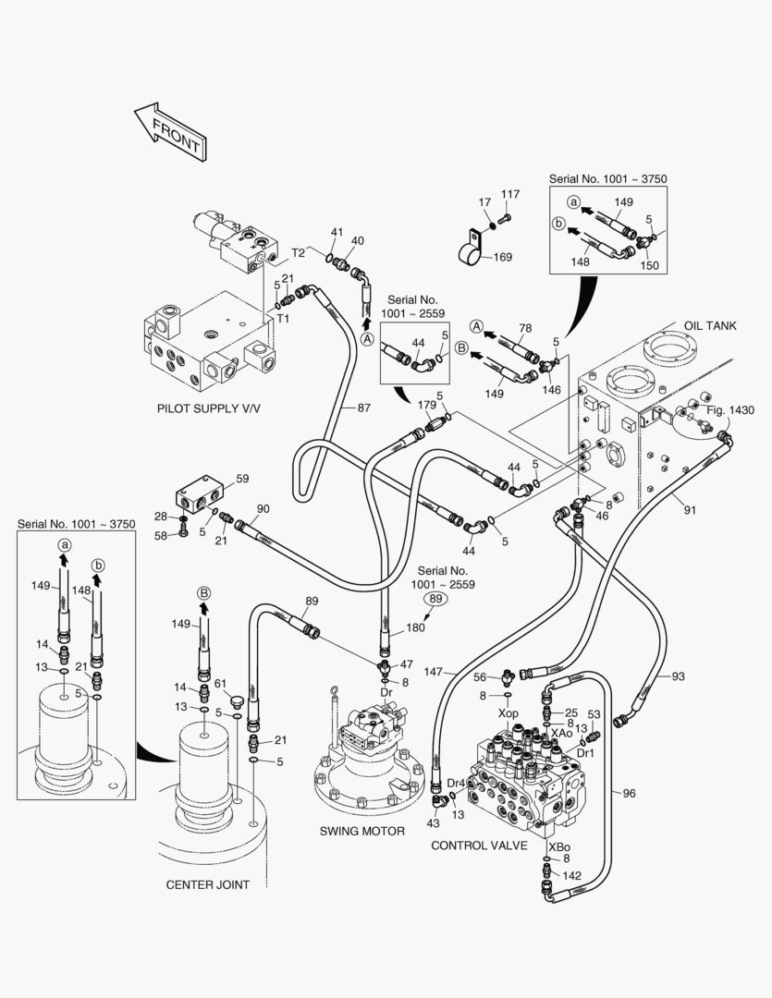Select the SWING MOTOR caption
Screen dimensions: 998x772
(362, 831)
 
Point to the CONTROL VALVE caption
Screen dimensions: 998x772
(479, 845)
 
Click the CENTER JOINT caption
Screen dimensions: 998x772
(207, 884)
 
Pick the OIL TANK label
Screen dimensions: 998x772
(710, 326)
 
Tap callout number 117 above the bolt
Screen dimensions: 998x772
(510, 194)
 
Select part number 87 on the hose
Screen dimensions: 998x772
(363, 408)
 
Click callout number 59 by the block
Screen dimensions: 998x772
(242, 479)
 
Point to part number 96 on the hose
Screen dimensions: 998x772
(629, 793)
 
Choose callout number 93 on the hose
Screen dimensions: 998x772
(678, 677)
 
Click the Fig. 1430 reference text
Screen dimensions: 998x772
(730, 409)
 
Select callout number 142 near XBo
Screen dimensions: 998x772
(572, 875)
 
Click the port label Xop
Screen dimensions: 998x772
(509, 714)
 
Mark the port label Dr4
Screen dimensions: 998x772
(456, 783)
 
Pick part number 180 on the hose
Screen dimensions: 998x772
(415, 628)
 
